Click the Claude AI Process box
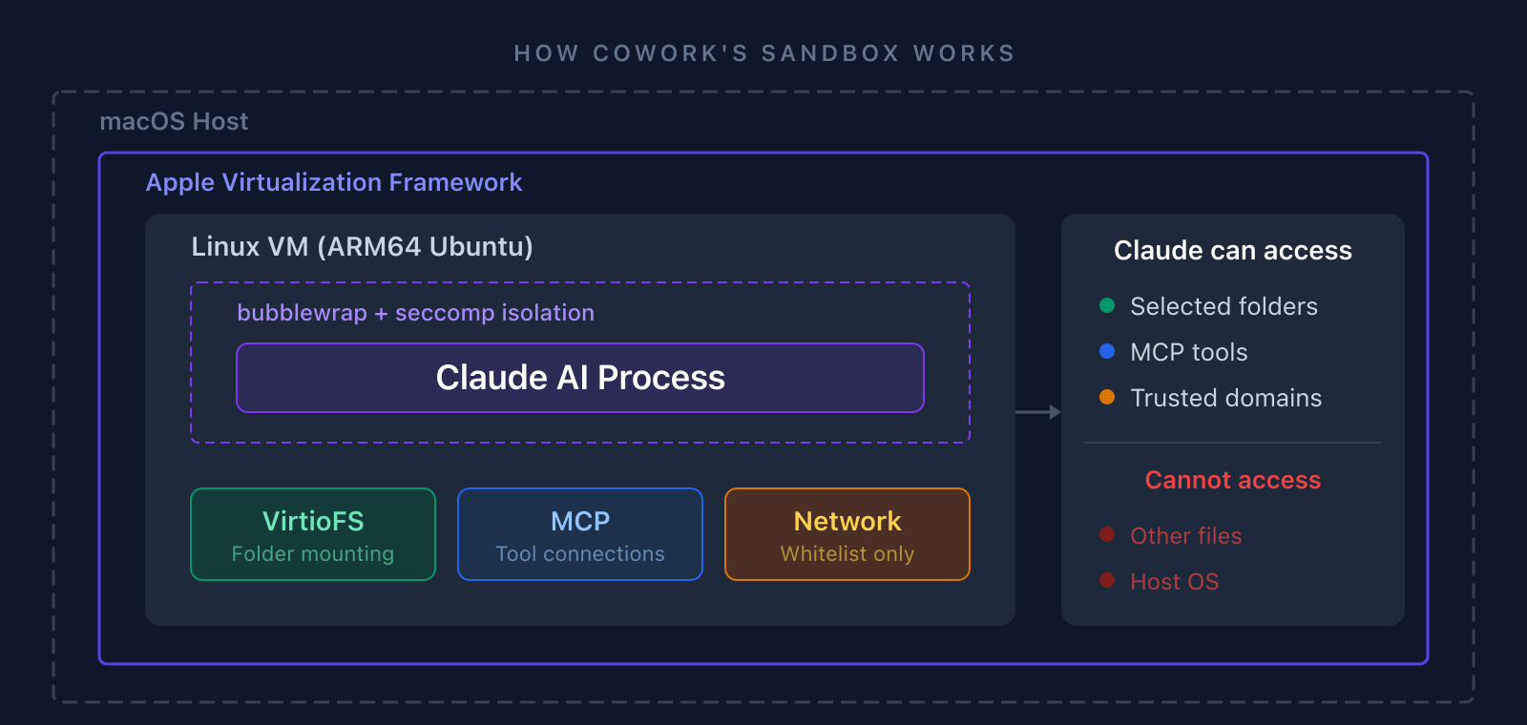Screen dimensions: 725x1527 (580, 378)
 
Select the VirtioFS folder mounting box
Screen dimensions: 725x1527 (313, 534)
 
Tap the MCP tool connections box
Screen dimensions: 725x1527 (580, 534)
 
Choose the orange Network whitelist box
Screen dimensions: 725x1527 (847, 534)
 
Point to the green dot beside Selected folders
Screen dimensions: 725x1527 (1107, 305)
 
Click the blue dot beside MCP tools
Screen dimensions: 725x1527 (1107, 351)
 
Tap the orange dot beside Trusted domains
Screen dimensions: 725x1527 (1107, 397)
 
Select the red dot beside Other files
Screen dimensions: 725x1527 (1107, 534)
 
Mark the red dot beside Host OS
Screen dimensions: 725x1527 (1107, 580)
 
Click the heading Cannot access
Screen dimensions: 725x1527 (1232, 480)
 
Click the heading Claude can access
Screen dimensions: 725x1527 (1232, 251)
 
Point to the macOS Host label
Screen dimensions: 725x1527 (174, 122)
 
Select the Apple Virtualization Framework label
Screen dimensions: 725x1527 (334, 182)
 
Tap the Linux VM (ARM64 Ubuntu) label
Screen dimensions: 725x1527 (362, 247)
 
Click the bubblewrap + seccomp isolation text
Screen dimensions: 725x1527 (415, 313)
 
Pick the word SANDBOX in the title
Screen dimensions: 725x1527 (830, 53)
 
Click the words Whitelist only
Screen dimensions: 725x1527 (847, 554)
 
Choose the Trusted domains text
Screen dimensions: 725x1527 (1225, 398)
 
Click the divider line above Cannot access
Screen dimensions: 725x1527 (1232, 443)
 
